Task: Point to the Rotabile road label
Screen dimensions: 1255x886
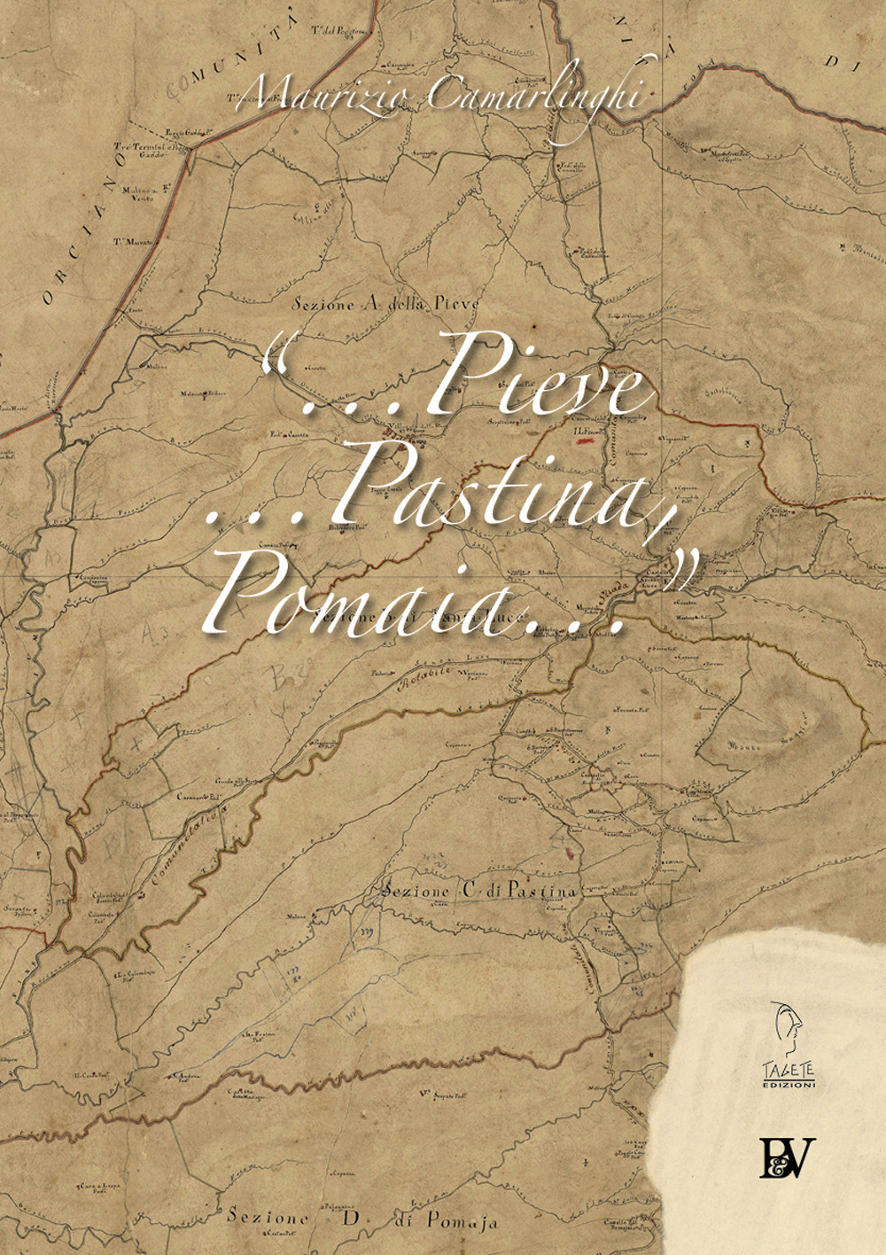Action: coord(429,679)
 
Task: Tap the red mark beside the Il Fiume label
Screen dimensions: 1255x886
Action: coord(586,440)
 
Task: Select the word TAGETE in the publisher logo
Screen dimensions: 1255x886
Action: coord(789,1072)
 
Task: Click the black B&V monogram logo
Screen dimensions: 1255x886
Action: coord(787,1157)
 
